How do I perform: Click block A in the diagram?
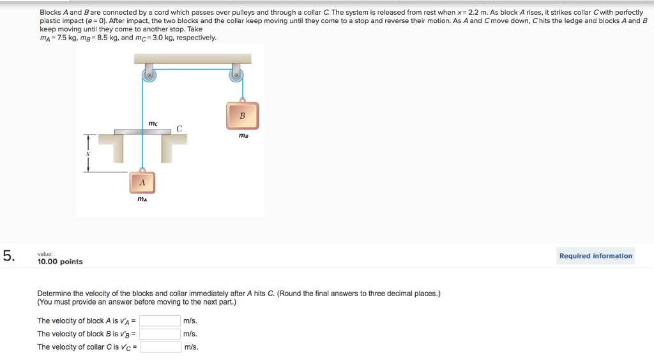tap(142, 183)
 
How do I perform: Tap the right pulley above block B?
tap(236, 75)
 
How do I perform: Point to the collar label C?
tap(179, 129)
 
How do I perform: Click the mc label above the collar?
tap(153, 123)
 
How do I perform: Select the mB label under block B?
tap(242, 135)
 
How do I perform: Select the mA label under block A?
tap(142, 200)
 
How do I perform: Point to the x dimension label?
tap(89, 153)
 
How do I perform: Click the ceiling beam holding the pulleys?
tap(192, 59)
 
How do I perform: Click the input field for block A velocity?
tap(160, 321)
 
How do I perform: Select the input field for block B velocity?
tap(160, 334)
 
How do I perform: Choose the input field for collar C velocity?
tap(160, 347)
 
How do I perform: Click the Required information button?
tap(595, 256)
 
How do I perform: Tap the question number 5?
tap(8, 256)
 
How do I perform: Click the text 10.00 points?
tap(60, 262)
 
